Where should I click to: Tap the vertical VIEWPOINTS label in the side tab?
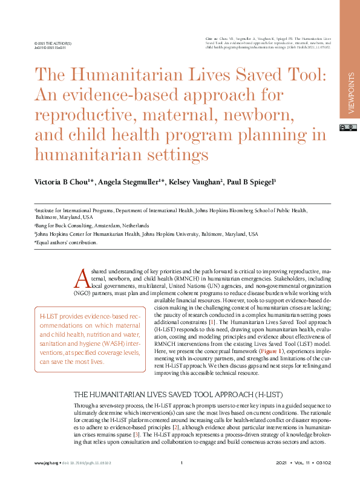coord(351,92)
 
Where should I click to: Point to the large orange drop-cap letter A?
coord(82,278)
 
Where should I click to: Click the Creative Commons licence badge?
coord(350,128)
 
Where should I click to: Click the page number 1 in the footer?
coord(182,463)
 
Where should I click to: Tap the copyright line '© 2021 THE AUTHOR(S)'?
coord(53,44)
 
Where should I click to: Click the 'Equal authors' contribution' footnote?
coord(57,242)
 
